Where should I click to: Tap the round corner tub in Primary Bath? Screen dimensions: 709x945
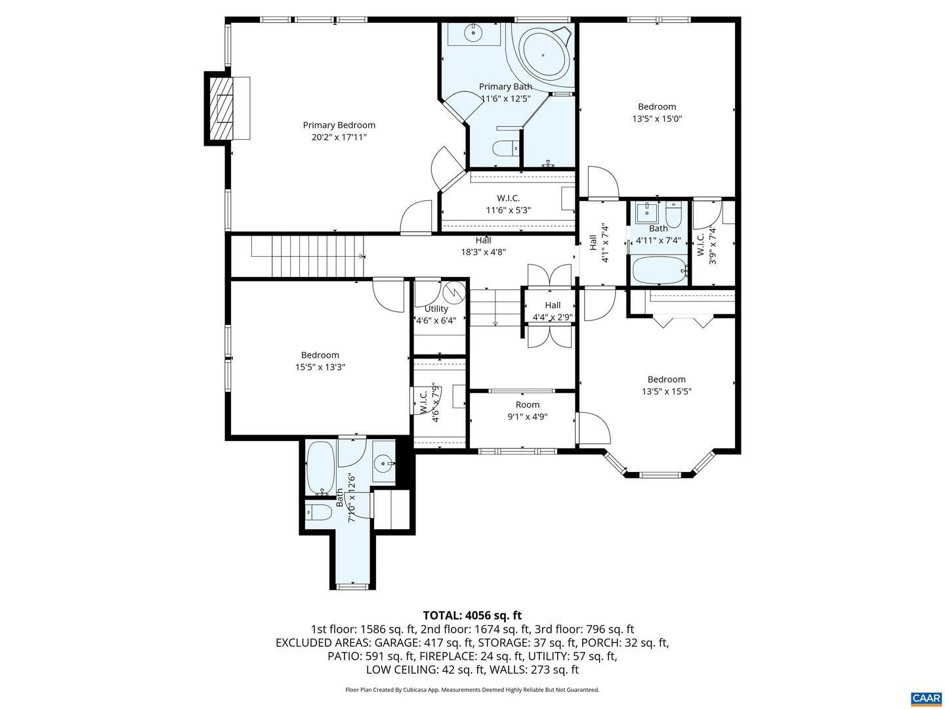pos(543,54)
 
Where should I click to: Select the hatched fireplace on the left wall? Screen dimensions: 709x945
pos(224,108)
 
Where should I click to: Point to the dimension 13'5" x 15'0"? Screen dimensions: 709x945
pos(656,119)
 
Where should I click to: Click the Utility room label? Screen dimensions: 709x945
pos(436,309)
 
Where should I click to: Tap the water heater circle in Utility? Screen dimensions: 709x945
pos(453,291)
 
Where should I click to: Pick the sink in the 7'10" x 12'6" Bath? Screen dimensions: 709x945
pos(383,463)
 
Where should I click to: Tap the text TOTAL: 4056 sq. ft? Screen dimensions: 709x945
pos(472,615)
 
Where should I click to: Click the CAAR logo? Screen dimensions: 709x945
pos(925,698)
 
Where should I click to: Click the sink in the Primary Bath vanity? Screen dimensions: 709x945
pos(472,32)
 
